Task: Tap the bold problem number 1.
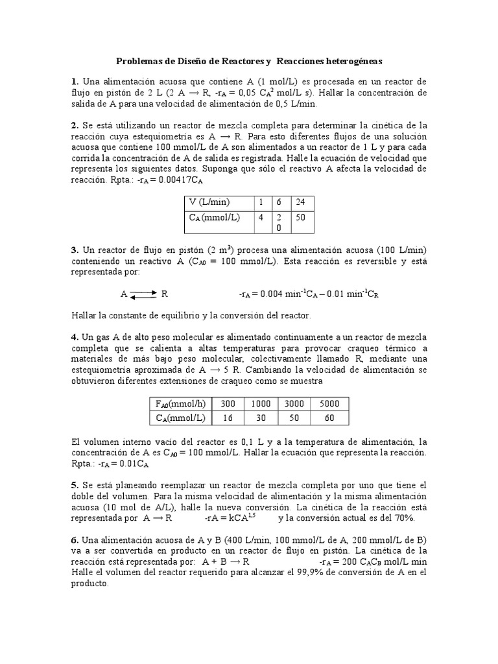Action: [75, 81]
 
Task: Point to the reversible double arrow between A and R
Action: [143, 294]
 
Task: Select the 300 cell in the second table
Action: [228, 403]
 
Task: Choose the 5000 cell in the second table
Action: [331, 403]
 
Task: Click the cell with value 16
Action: [228, 419]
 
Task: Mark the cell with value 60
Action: [331, 419]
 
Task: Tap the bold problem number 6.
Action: [75, 541]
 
